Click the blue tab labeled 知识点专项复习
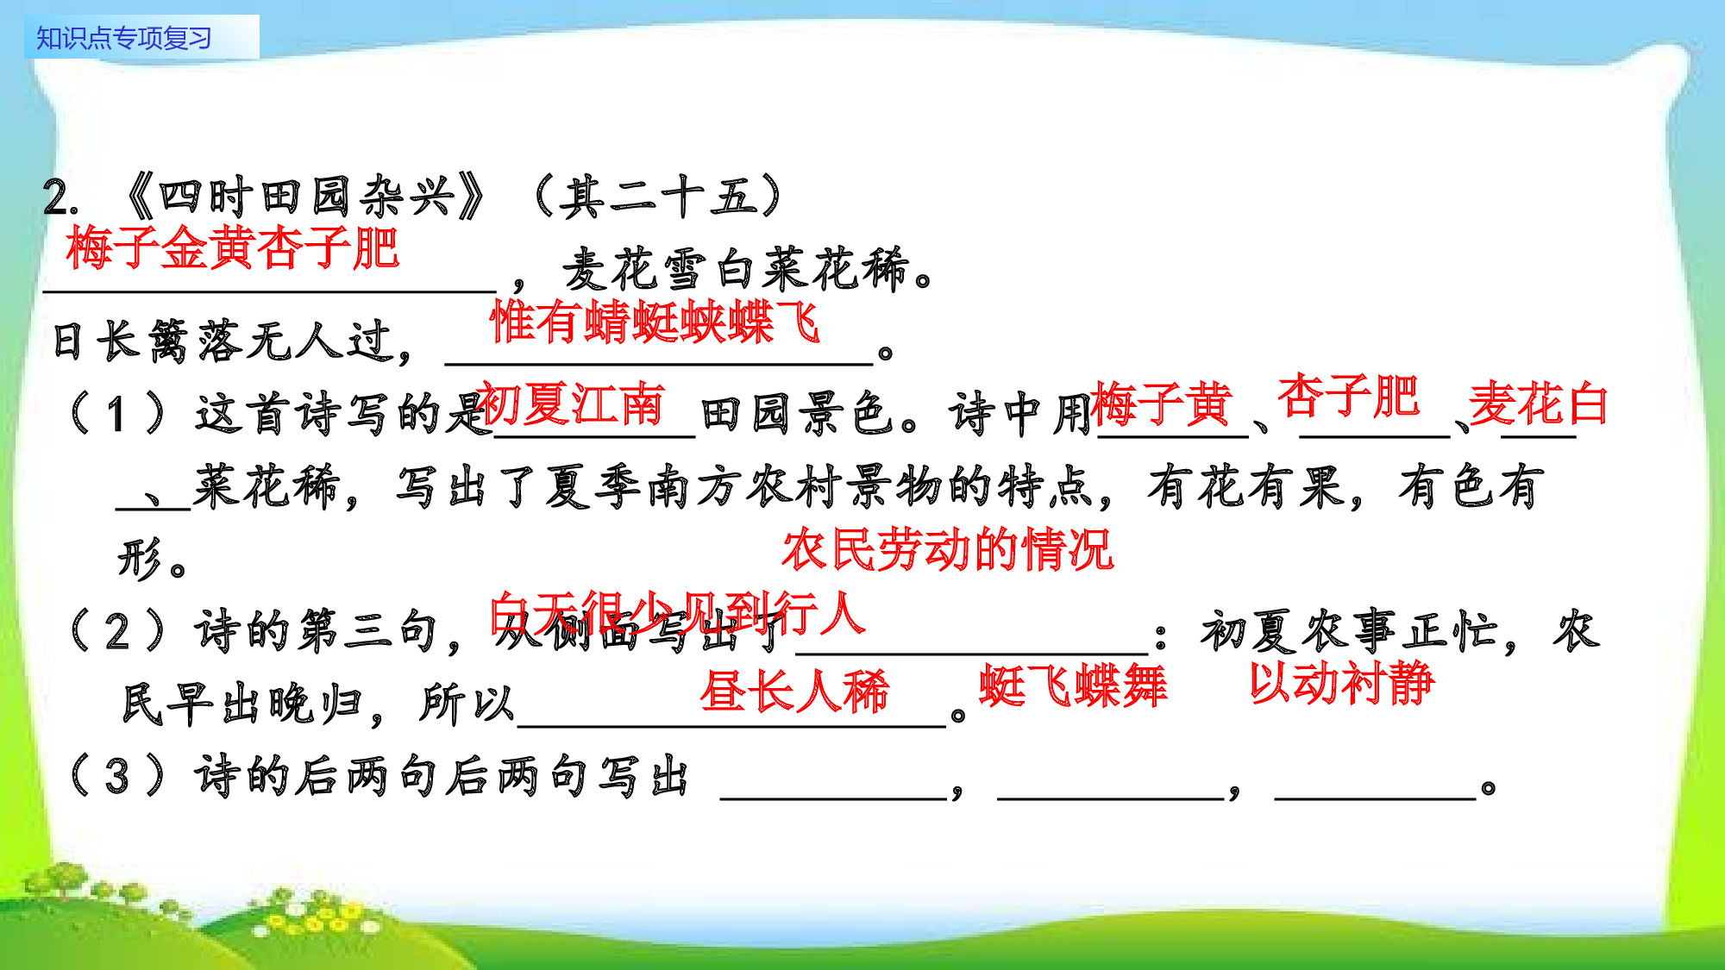[x=124, y=38]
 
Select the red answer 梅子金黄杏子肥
[x=233, y=248]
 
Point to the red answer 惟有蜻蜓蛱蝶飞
[x=654, y=322]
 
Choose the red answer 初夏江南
[x=571, y=404]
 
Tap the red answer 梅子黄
[x=1161, y=404]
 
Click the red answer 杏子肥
[x=1348, y=397]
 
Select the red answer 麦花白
[x=1538, y=404]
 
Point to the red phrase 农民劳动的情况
[x=947, y=549]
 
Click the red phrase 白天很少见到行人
[x=677, y=614]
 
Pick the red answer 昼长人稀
[x=794, y=691]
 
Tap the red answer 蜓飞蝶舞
[x=1073, y=686]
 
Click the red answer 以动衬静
[x=1342, y=683]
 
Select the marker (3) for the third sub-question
[x=117, y=776]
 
